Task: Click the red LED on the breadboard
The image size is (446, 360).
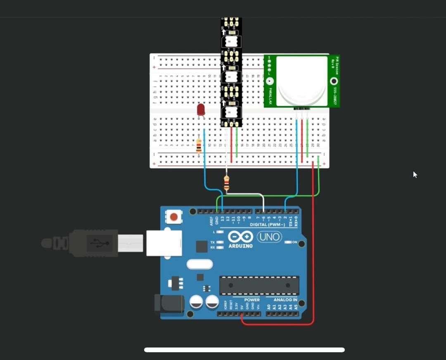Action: point(201,110)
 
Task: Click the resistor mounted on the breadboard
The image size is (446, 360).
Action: point(199,145)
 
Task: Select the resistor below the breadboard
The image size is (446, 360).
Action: point(226,183)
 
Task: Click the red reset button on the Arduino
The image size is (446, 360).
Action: point(174,217)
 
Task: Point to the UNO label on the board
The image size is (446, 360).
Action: point(269,237)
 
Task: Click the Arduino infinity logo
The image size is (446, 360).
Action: point(240,237)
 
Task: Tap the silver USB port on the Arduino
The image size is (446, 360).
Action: point(164,243)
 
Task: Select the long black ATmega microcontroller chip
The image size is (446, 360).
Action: point(259,285)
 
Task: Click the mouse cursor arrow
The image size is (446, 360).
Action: point(415,175)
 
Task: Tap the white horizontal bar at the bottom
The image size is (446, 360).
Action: point(244,350)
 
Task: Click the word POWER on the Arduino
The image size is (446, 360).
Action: point(252,300)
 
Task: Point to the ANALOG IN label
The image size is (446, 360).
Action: point(285,300)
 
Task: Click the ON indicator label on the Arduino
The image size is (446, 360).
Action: point(294,242)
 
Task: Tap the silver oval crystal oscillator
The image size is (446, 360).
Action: point(199,264)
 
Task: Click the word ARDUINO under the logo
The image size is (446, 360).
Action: point(240,246)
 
